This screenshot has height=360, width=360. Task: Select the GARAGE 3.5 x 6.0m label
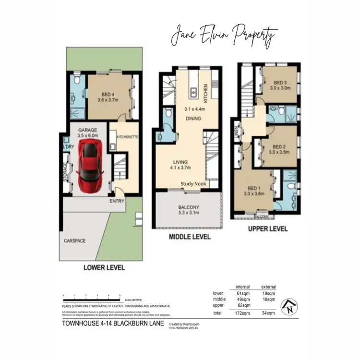tap(88, 133)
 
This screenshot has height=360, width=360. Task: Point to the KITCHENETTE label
tap(127, 137)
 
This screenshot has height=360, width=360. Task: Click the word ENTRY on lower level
tap(117, 201)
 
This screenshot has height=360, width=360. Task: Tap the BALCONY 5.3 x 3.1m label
tap(189, 210)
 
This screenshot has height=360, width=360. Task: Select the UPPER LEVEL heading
tap(268, 229)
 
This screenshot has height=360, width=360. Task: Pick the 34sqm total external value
tap(268, 313)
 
